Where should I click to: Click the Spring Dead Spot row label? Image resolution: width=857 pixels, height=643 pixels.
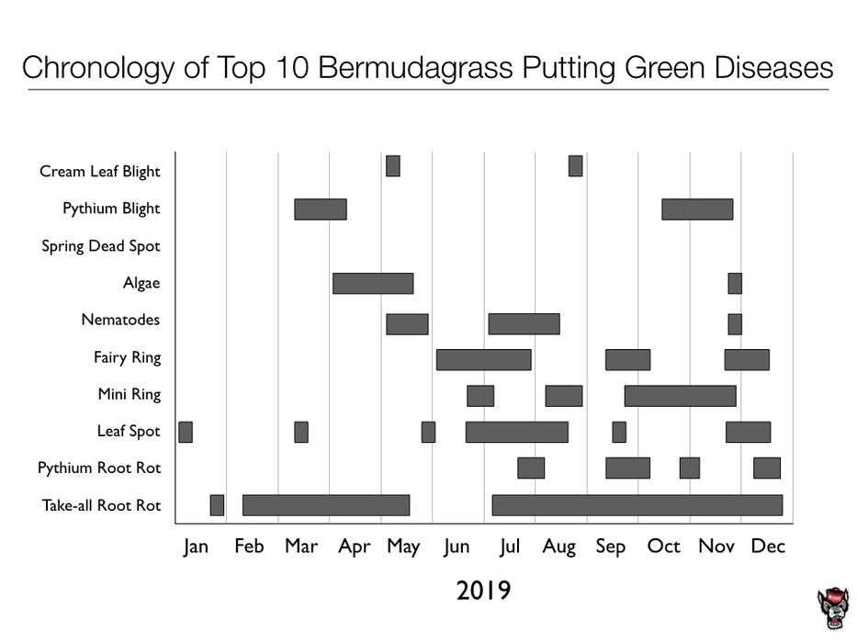[x=101, y=246]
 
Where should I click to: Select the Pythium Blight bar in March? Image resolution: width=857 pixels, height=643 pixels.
[x=320, y=209]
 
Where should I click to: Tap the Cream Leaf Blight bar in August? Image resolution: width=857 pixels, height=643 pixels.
[x=575, y=166]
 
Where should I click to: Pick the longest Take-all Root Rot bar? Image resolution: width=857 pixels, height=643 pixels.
[x=637, y=505]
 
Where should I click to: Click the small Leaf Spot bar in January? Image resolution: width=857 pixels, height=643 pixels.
[x=186, y=432]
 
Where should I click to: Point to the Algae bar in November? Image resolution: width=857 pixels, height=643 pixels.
[x=735, y=283]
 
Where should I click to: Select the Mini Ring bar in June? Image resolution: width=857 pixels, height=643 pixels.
[x=480, y=396]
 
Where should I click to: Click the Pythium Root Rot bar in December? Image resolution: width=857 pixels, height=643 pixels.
[x=767, y=468]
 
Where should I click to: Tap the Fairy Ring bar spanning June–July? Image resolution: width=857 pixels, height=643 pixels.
[x=483, y=359]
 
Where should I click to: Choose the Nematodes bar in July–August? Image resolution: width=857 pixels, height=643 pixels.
[x=524, y=323]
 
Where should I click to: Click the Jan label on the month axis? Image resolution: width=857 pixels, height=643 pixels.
[x=196, y=547]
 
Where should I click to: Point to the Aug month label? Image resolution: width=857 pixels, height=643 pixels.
[x=558, y=547]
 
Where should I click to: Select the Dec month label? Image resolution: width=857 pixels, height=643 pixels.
[x=768, y=547]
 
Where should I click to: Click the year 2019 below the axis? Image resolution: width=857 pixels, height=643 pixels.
[x=483, y=590]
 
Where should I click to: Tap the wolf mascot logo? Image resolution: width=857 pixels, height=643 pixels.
[x=832, y=609]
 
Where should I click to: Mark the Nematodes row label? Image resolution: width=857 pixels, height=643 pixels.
[x=120, y=321]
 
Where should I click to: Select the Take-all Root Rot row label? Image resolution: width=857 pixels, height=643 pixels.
[x=101, y=505]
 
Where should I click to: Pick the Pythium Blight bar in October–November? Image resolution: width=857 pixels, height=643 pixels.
[x=697, y=209]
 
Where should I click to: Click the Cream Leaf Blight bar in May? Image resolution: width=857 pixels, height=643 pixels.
[x=393, y=166]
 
